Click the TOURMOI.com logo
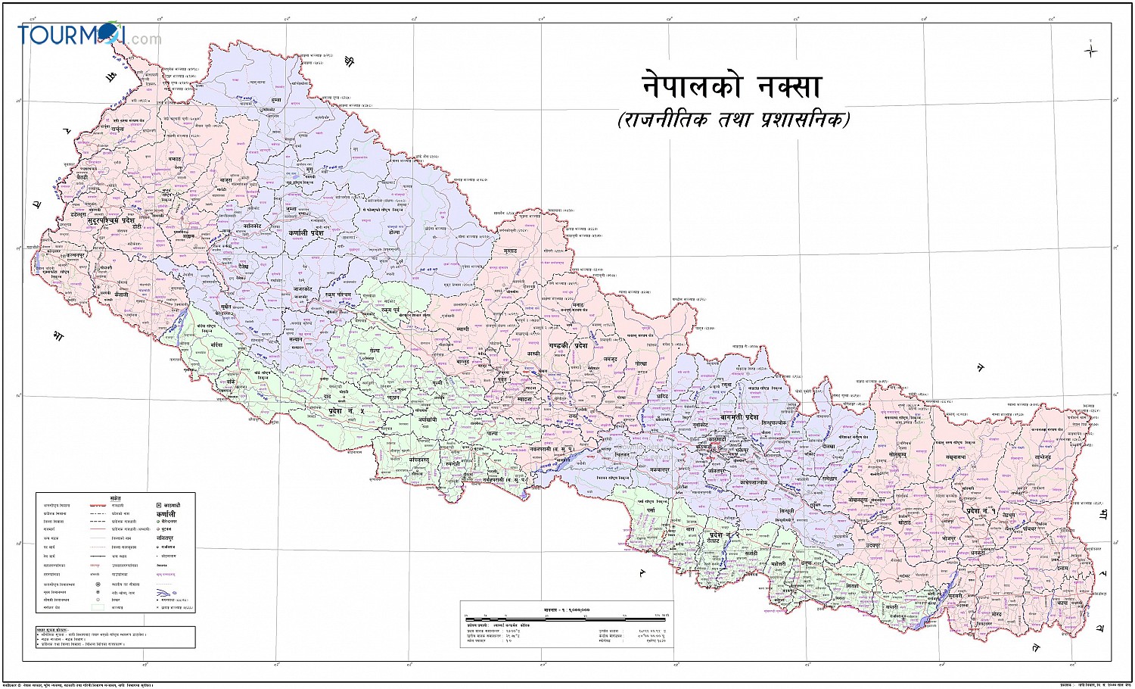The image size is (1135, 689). coord(89,35)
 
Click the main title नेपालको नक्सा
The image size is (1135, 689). coord(731,86)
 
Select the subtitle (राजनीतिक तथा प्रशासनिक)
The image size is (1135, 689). coord(733,120)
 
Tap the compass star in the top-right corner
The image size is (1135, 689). coord(1090,51)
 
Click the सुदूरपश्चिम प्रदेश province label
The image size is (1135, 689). coord(110,220)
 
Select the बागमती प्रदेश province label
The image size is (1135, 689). coord(739,417)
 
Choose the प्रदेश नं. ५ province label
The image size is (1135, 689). coord(346,410)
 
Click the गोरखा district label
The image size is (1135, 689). coord(642,363)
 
